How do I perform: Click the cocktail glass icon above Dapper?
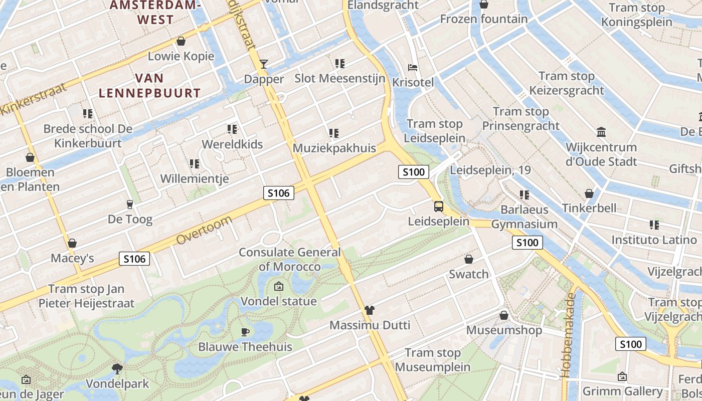pyautogui.click(x=264, y=64)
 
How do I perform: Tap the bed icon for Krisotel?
pyautogui.click(x=413, y=67)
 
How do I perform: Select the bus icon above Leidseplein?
pyautogui.click(x=439, y=207)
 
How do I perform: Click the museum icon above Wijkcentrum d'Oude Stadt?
pyautogui.click(x=601, y=132)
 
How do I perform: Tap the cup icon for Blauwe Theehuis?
pyautogui.click(x=245, y=332)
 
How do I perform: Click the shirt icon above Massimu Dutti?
pyautogui.click(x=370, y=310)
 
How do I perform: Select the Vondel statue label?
pyautogui.click(x=279, y=301)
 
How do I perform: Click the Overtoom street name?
pyautogui.click(x=205, y=231)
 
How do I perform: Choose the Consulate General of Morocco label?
pyautogui.click(x=289, y=259)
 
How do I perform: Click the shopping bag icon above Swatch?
pyautogui.click(x=469, y=259)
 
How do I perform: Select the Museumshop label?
pyautogui.click(x=504, y=330)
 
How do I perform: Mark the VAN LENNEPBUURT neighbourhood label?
pyautogui.click(x=149, y=86)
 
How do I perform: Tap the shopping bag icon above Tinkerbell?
pyautogui.click(x=589, y=193)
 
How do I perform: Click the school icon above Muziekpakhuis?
pyautogui.click(x=334, y=133)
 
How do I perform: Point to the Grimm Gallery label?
pyautogui.click(x=622, y=391)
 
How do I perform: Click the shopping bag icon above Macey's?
pyautogui.click(x=72, y=244)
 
